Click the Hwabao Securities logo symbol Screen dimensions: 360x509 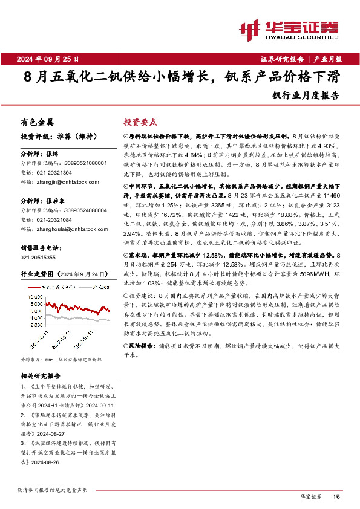click(x=249, y=28)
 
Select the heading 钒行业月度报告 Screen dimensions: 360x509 click(x=306, y=95)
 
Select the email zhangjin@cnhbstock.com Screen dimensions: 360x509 click(x=64, y=180)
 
